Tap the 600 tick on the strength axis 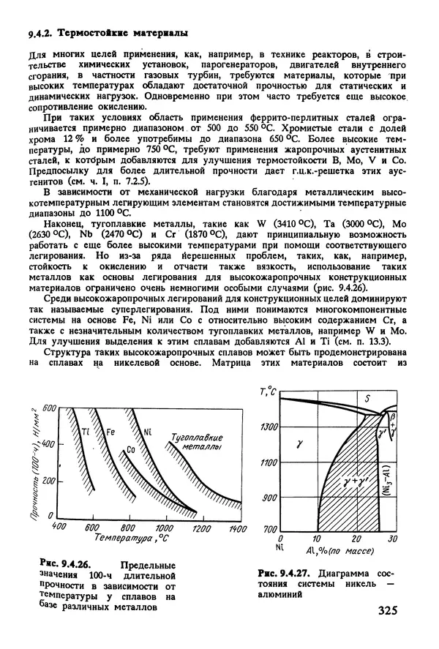click(48, 406)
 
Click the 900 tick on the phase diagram click(270, 498)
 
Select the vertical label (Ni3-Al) click(387, 483)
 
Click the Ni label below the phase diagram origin click(280, 547)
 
